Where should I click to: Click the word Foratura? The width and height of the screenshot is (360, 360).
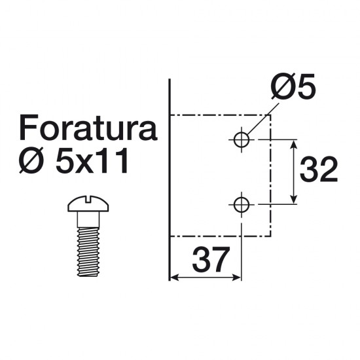[x=88, y=128]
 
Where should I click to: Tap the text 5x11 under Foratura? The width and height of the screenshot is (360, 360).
[x=92, y=160]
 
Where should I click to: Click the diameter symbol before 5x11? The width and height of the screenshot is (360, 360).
[x=31, y=160]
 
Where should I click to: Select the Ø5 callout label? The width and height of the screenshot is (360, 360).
[x=293, y=86]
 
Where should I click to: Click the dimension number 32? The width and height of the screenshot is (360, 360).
[x=319, y=170]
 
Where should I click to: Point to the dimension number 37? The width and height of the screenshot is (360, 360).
[x=211, y=260]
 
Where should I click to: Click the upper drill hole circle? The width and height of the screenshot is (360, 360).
[x=242, y=139]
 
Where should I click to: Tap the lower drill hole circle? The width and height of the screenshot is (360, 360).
[x=242, y=204]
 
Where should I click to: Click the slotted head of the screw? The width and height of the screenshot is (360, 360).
[x=88, y=204]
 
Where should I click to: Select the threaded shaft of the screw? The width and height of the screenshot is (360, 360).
[x=88, y=251]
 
